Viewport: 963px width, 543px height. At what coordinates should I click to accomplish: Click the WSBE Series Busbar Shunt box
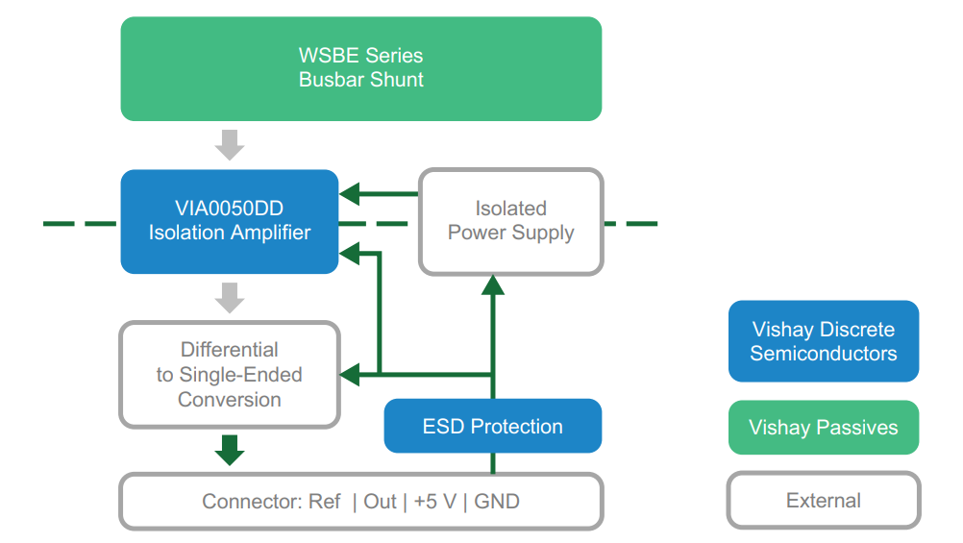click(361, 68)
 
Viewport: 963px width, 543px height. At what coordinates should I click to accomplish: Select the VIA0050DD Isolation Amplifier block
click(230, 221)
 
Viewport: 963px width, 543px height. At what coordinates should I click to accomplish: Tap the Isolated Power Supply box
click(510, 221)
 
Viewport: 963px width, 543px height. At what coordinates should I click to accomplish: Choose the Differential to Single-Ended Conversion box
click(230, 375)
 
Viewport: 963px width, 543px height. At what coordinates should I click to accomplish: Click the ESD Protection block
click(493, 426)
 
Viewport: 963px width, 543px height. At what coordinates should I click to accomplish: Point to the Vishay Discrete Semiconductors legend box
click(824, 341)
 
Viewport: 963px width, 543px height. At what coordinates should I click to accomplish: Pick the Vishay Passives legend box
click(824, 428)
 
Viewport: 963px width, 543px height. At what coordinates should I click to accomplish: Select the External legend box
click(824, 501)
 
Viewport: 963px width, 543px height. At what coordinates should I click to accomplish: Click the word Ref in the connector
click(325, 502)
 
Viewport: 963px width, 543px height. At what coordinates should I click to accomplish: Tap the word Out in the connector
click(381, 502)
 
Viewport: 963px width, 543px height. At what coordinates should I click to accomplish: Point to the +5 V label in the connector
click(433, 502)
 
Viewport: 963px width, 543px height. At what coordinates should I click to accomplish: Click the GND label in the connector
click(497, 502)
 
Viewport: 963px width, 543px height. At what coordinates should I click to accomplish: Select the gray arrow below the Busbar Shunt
click(230, 144)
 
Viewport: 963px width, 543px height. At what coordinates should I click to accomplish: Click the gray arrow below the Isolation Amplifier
click(230, 297)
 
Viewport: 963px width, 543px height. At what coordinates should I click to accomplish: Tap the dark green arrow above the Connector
click(230, 450)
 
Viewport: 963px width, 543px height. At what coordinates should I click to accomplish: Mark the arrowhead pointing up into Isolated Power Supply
click(493, 284)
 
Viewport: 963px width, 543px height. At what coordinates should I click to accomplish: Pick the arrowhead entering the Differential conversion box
click(351, 374)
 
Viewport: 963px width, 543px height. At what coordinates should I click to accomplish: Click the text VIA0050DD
click(230, 209)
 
